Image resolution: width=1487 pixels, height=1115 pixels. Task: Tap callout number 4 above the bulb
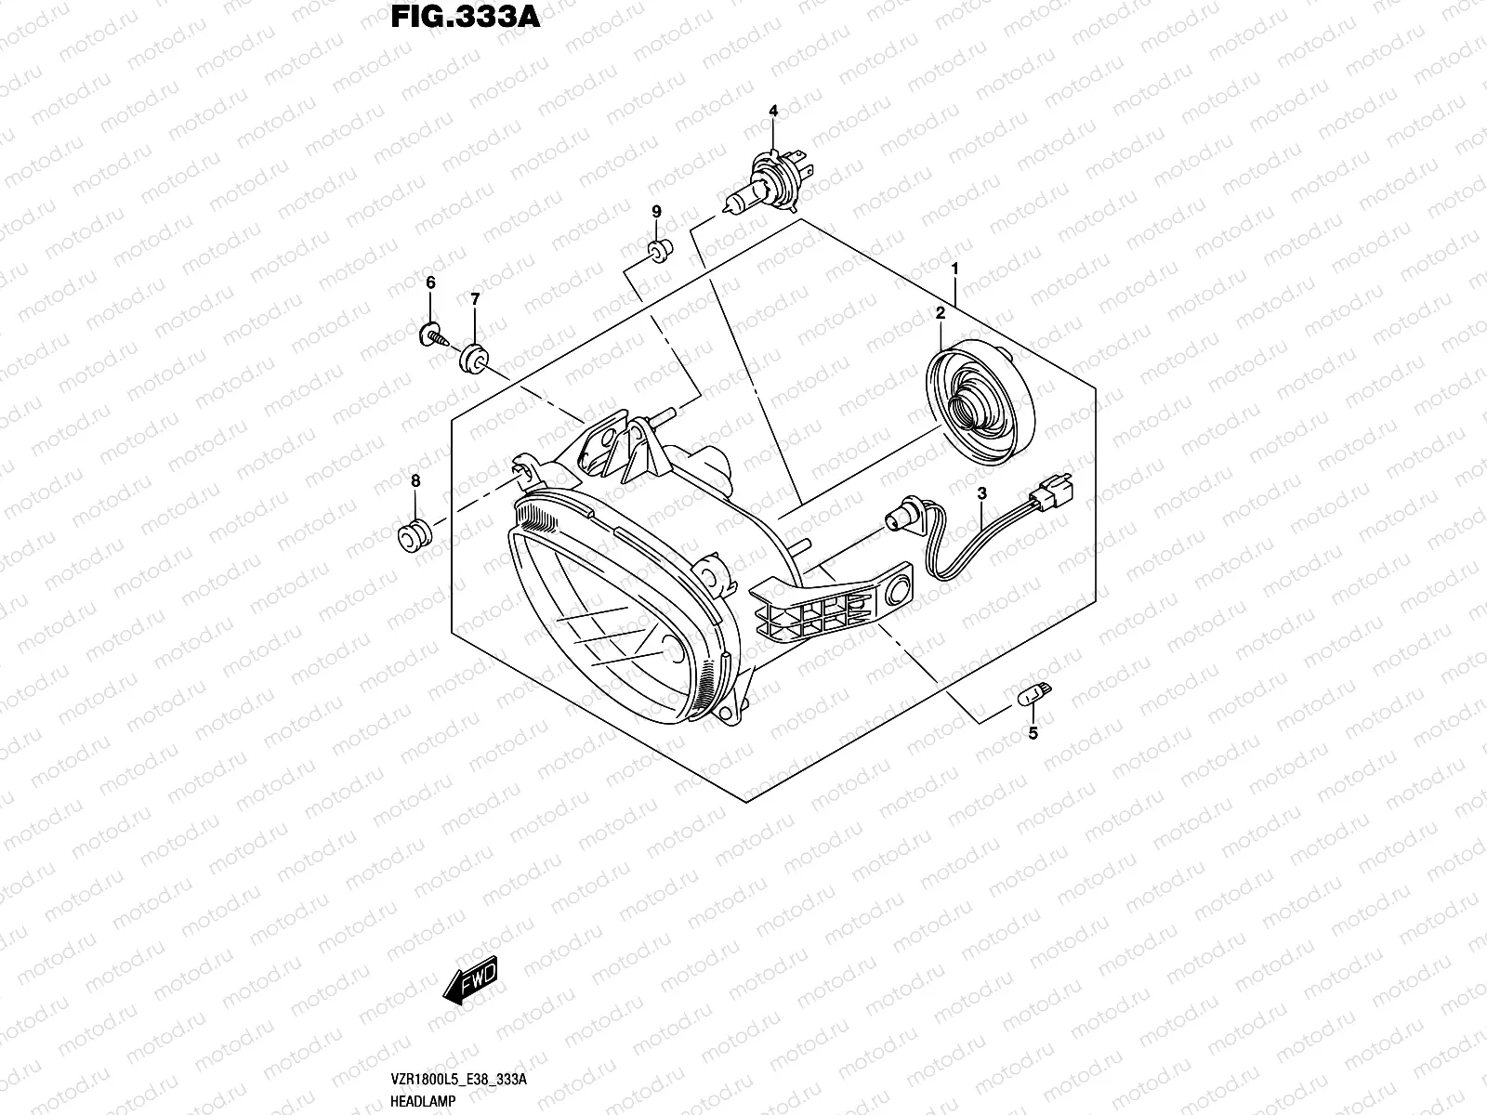point(772,111)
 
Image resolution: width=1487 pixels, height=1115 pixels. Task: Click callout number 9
point(655,212)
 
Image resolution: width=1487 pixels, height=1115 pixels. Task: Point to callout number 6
point(430,282)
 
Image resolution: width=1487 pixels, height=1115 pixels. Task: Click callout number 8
point(415,480)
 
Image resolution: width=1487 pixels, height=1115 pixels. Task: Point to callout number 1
point(954,269)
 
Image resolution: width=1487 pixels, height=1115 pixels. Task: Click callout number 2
point(941,314)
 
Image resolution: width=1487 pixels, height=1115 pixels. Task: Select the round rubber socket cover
point(980,400)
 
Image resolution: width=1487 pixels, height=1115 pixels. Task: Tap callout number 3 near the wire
point(981,493)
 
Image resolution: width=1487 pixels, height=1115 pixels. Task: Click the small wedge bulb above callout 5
point(1033,693)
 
